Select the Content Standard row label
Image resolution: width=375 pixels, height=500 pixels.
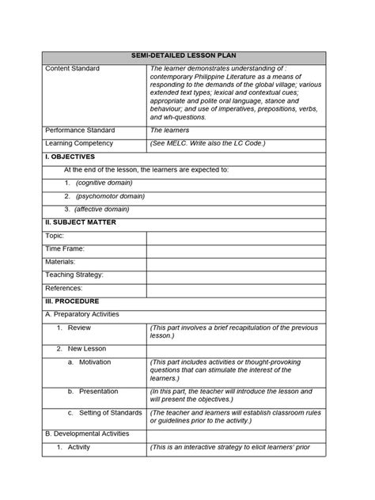[73, 69]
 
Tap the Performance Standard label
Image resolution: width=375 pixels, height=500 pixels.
[79, 130]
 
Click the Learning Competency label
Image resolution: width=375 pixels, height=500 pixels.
[79, 143]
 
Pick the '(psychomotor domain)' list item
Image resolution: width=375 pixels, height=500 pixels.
[109, 195]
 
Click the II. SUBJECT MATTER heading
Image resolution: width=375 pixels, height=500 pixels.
[81, 222]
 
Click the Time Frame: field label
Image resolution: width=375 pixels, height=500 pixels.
[64, 248]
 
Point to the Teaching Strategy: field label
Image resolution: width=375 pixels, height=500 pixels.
[74, 275]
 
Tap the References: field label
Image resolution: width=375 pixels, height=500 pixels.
[64, 288]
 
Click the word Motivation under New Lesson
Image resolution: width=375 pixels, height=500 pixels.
[95, 362]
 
